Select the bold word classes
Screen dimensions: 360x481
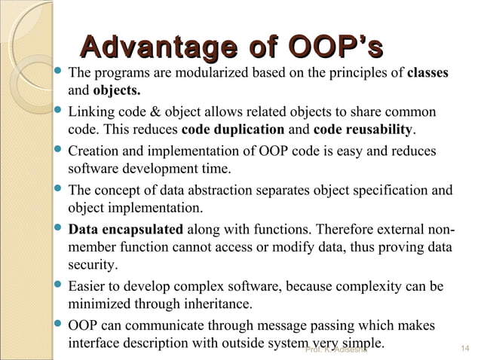[427, 74]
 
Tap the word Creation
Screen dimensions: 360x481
[93, 151]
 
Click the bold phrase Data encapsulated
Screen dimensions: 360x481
[125, 229]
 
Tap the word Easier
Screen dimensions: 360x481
[87, 287]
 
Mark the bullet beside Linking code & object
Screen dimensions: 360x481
[59, 111]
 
